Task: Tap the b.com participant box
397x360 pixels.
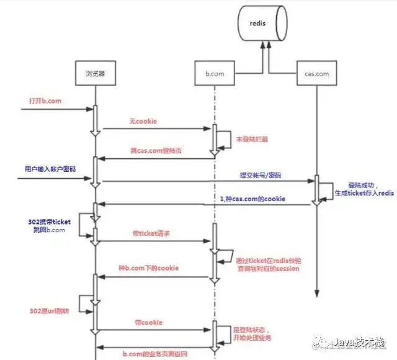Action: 214,73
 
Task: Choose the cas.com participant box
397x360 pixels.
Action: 317,73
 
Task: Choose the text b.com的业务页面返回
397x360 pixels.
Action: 153,353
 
